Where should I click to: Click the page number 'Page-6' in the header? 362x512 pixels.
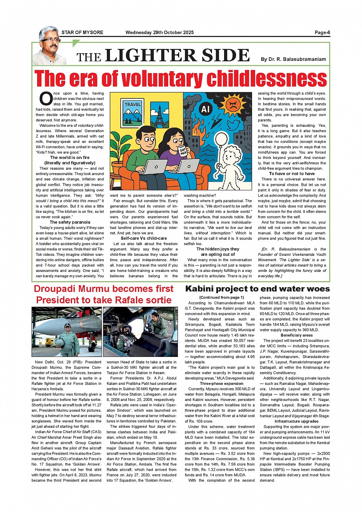coord(322,33)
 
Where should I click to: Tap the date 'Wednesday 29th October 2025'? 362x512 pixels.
coord(159,33)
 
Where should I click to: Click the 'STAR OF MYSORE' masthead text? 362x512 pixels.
coord(82,33)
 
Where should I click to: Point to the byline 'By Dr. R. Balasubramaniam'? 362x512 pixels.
coord(293,59)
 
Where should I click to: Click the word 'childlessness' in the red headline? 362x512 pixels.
coord(265,79)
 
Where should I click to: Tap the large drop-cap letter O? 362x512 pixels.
coord(46,99)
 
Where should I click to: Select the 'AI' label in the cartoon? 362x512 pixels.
coord(206,109)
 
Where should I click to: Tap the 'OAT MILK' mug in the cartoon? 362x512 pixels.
coord(183,150)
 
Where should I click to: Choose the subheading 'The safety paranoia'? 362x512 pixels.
coord(70,222)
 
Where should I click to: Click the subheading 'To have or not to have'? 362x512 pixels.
coord(292,173)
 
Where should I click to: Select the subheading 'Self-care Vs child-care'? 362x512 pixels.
coord(144,238)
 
